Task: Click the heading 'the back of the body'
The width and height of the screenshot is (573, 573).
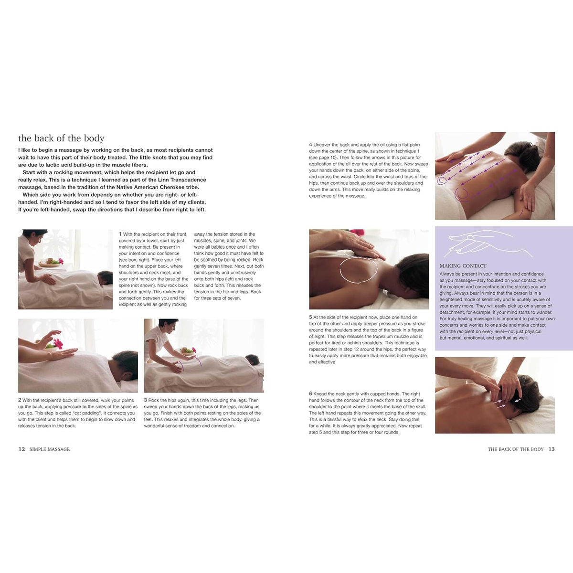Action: pos(61,138)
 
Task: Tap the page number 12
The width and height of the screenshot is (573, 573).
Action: pos(21,449)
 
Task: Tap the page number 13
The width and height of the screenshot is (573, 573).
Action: pos(552,449)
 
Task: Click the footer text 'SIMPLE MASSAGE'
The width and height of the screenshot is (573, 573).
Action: pos(49,449)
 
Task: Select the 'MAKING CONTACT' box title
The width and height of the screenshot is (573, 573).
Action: pos(463,266)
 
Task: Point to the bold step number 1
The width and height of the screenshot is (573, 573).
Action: pos(120,234)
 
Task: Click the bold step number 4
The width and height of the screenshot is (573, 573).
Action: pos(310,145)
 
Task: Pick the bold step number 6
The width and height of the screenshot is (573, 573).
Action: pos(310,394)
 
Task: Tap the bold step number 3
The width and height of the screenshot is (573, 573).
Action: pos(146,400)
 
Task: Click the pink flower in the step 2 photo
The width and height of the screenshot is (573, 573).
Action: pos(58,344)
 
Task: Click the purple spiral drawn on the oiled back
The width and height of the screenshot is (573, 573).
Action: pos(461,194)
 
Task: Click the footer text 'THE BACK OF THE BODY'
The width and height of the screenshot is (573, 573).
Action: pos(515,449)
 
